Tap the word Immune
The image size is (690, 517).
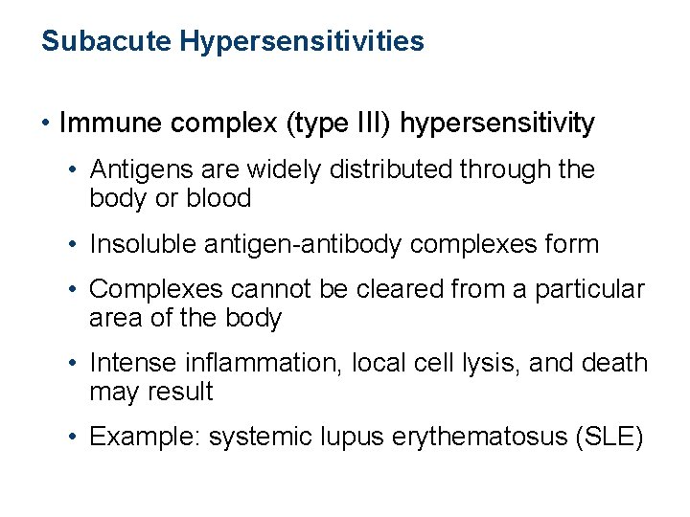tap(109, 124)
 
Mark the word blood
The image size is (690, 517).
tap(221, 199)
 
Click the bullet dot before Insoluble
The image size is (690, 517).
tap(74, 245)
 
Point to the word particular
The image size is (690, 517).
tap(591, 290)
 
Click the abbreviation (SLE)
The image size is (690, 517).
tap(610, 438)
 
